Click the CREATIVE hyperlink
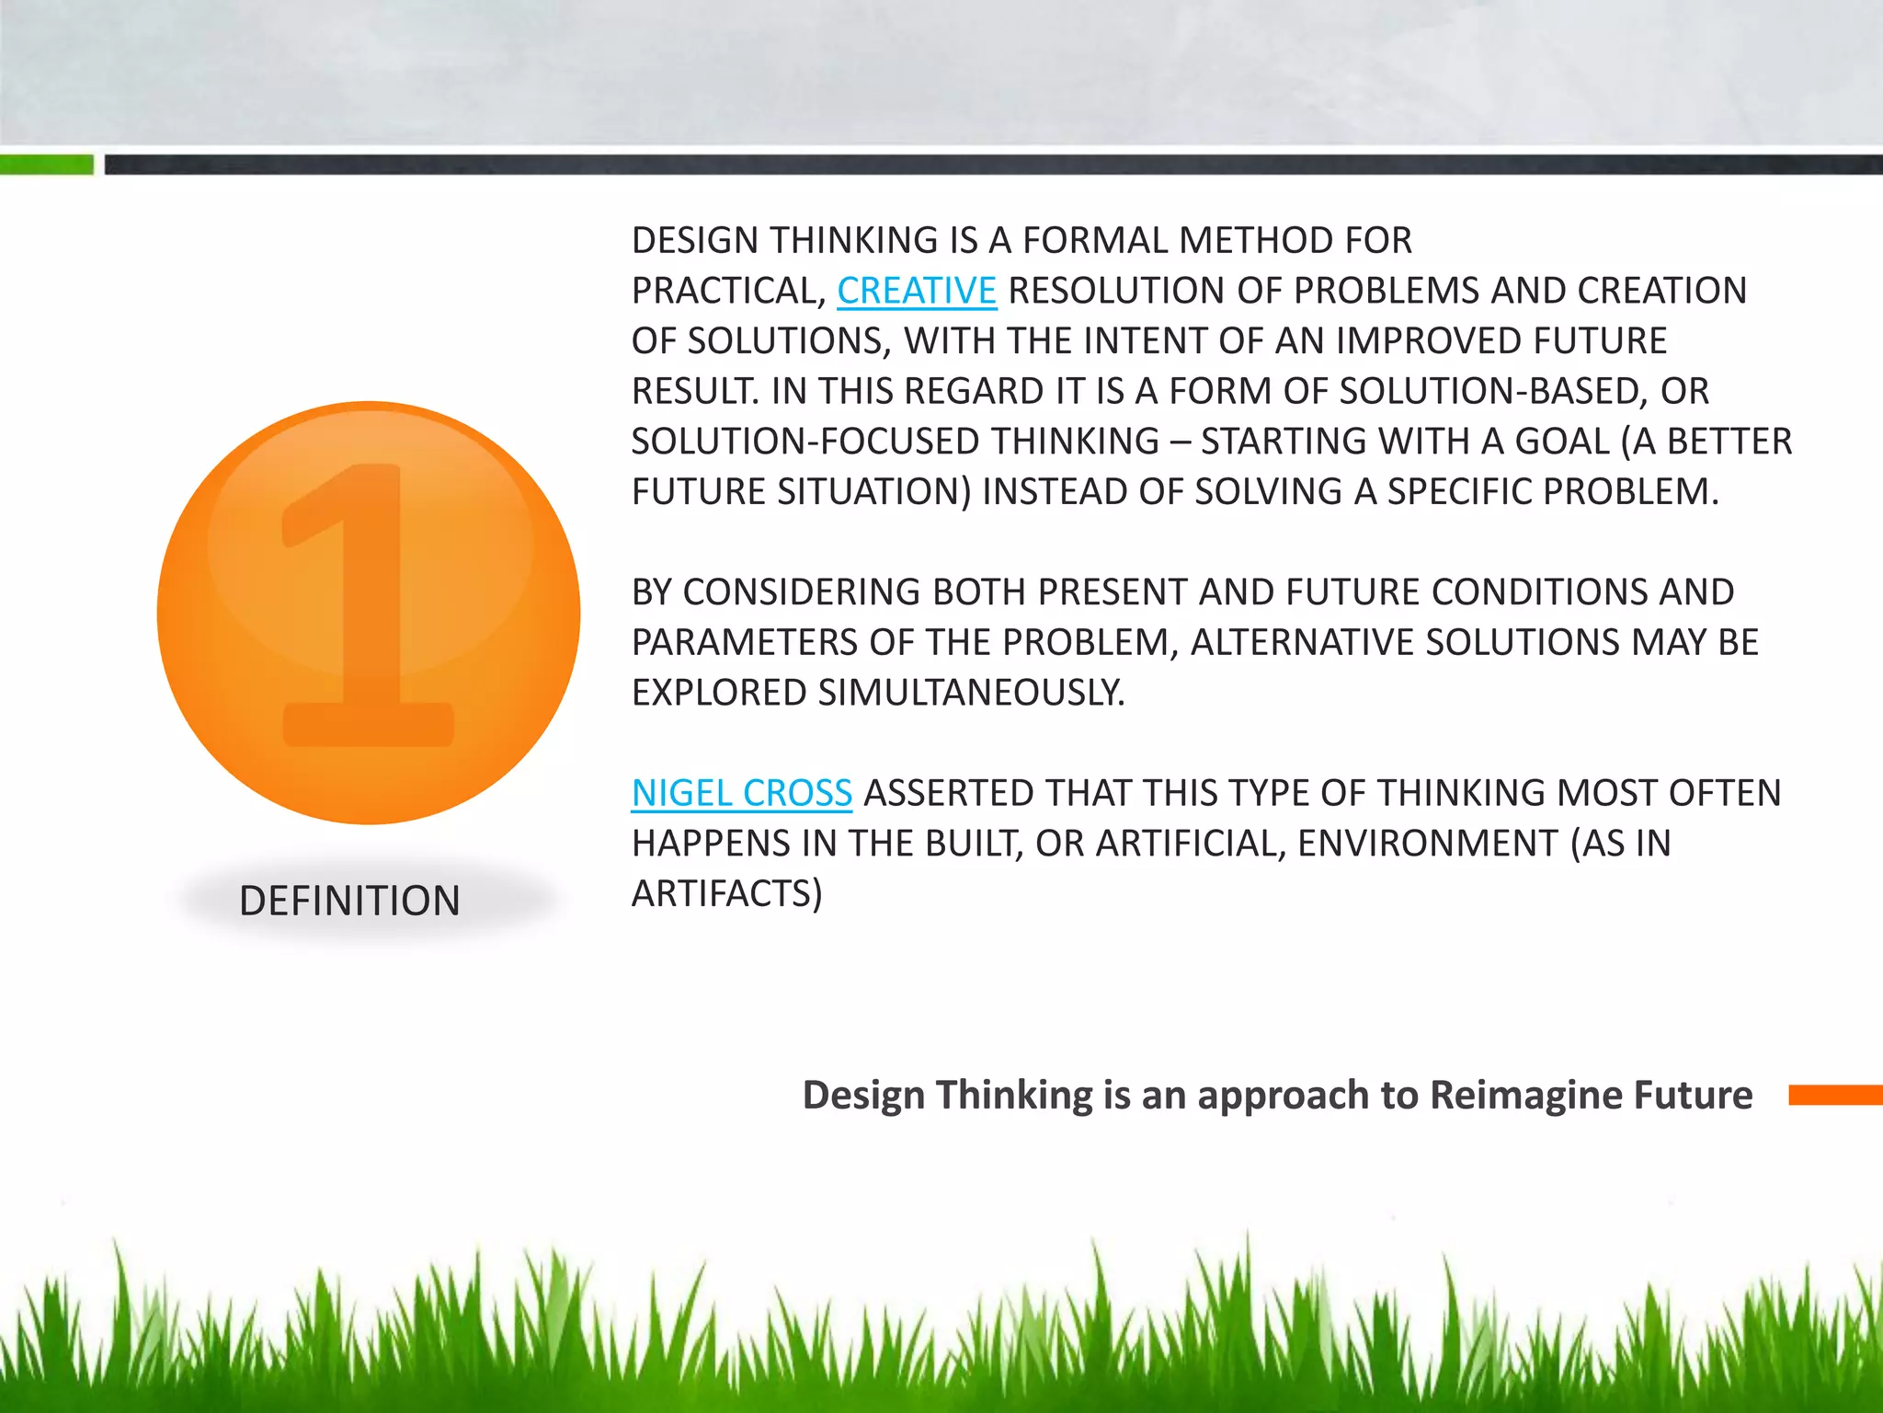pyautogui.click(x=916, y=291)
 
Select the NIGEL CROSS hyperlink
pyautogui.click(x=741, y=793)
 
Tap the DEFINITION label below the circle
pyautogui.click(x=349, y=901)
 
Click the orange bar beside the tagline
pyautogui.click(x=1834, y=1095)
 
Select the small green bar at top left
pyautogui.click(x=46, y=165)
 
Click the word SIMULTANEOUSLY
pyautogui.click(x=971, y=693)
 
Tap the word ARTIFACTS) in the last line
pyautogui.click(x=726, y=893)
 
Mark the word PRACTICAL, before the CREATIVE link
pyautogui.click(x=728, y=291)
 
